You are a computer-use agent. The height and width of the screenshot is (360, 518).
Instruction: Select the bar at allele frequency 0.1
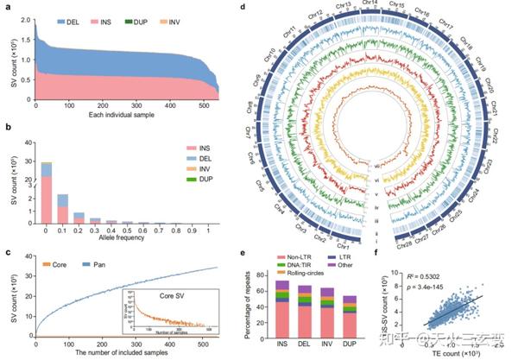click(x=63, y=207)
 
